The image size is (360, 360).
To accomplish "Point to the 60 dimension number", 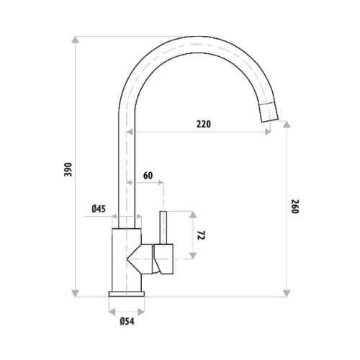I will [148, 175].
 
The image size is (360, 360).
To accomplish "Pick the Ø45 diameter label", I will [99, 209].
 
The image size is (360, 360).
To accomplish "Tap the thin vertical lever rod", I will [163, 228].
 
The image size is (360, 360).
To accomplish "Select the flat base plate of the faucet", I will [126, 294].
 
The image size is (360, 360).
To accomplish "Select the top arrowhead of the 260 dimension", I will [287, 124].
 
